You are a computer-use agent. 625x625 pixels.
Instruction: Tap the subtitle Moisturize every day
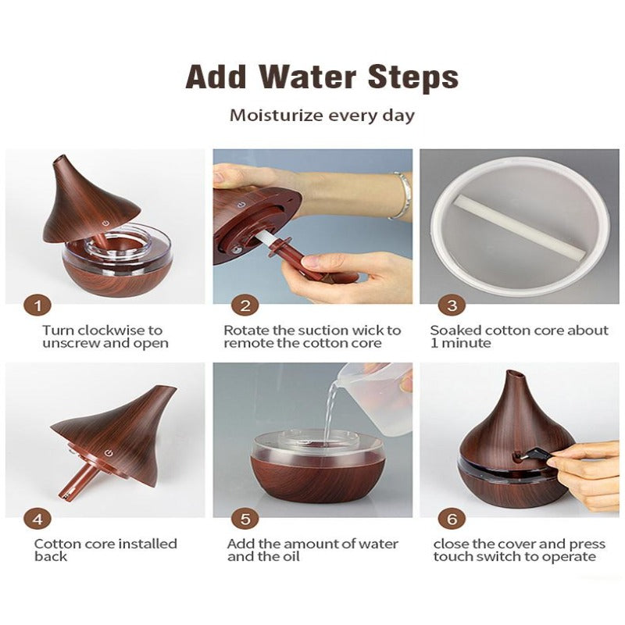(x=321, y=116)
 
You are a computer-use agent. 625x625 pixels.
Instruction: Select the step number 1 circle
(x=37, y=305)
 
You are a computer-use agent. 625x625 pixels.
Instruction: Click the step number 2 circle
(x=245, y=305)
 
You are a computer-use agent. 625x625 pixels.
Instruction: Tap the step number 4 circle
(x=37, y=519)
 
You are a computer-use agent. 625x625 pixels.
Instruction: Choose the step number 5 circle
(x=245, y=519)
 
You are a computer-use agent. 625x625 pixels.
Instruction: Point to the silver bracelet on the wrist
(x=402, y=196)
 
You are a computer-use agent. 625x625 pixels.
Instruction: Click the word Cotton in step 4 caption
(x=55, y=544)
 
